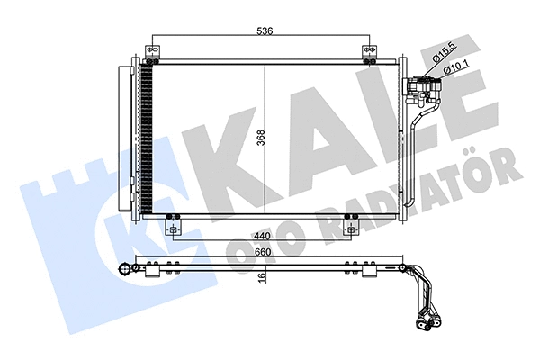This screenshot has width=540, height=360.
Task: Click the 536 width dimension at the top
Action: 263,30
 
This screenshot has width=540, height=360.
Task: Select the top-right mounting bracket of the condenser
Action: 370,52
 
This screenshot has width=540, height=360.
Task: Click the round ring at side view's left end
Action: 123,269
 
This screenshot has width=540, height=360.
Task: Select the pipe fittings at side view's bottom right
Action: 429,317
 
